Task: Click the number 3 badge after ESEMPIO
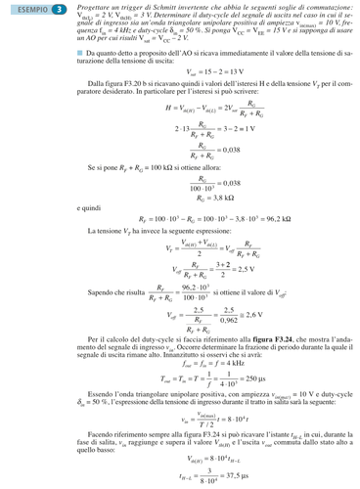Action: tap(60, 10)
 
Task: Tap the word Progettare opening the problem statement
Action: tap(95, 8)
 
